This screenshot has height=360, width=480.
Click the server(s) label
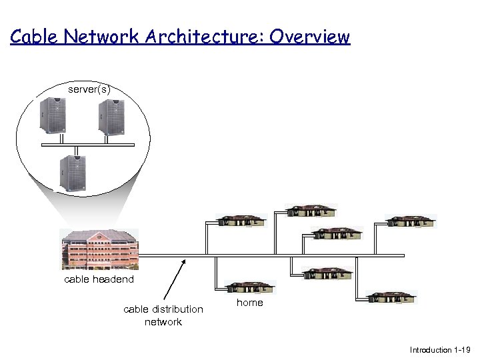tap(89, 89)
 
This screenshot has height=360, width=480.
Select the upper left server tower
tap(53, 117)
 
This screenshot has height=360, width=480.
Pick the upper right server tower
tap(112, 117)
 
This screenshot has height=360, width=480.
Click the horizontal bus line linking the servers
tap(87, 144)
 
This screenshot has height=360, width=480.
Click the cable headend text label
tap(99, 279)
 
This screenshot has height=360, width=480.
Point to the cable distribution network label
tap(163, 315)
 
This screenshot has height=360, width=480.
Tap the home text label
tap(250, 303)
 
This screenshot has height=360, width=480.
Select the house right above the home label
tap(249, 287)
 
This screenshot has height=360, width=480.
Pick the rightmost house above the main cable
tap(411, 221)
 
